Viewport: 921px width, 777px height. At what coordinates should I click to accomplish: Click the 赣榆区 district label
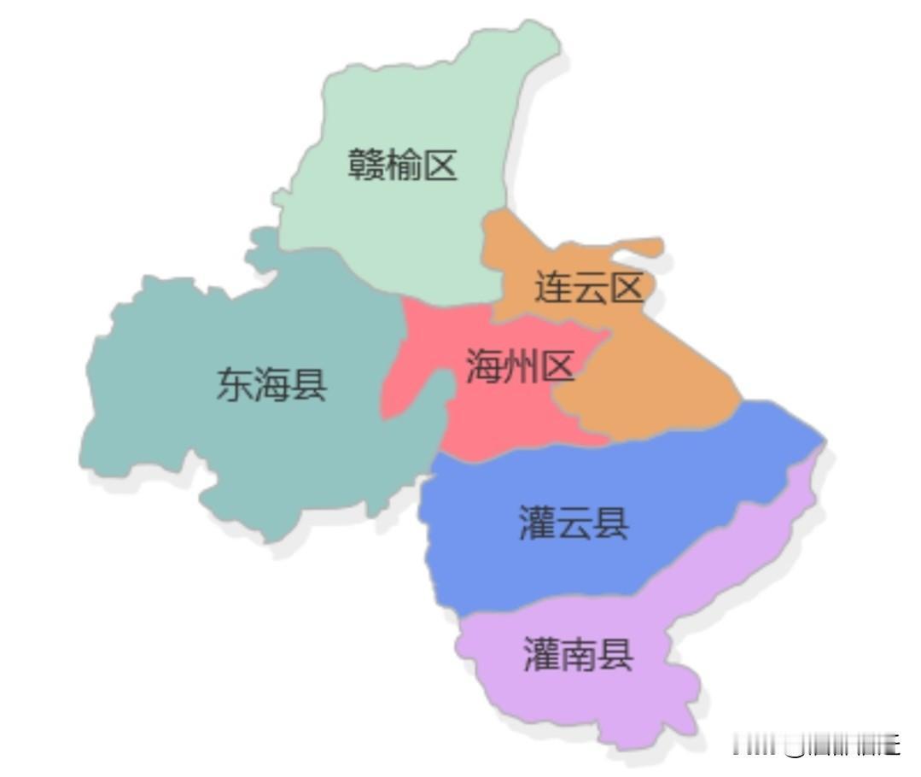(403, 165)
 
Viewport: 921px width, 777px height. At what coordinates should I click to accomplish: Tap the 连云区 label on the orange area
(589, 288)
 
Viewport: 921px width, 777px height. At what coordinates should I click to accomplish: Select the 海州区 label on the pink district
(521, 367)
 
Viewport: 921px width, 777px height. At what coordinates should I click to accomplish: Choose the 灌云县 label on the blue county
(574, 523)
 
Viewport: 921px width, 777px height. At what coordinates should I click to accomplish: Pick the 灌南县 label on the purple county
(578, 656)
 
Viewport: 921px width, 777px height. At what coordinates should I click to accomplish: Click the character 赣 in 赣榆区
(366, 165)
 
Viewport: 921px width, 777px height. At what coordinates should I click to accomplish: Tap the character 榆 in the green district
(403, 165)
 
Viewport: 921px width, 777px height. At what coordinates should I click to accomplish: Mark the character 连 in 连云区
(552, 288)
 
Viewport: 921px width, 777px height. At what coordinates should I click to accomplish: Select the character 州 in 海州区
(521, 367)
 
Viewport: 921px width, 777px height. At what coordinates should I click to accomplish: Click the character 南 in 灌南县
(578, 656)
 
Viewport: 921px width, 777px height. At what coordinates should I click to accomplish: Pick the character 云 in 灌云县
(574, 523)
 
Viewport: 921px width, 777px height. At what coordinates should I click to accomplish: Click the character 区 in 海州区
(557, 367)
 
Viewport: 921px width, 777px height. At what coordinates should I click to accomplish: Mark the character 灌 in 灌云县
(538, 523)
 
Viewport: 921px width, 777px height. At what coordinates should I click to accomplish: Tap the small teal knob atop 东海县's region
(263, 248)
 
